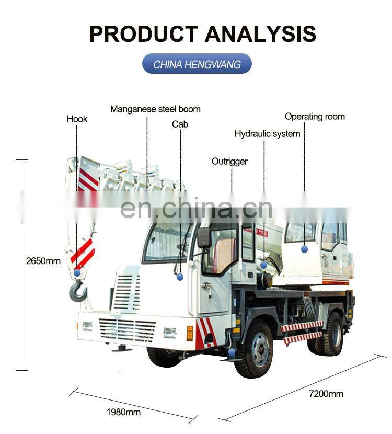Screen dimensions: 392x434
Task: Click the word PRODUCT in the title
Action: (144, 34)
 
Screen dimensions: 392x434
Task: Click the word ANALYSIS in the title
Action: (260, 34)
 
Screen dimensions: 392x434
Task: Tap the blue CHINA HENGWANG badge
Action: (197, 64)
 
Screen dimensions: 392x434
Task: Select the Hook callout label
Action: (77, 119)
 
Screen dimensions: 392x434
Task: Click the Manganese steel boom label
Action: (155, 109)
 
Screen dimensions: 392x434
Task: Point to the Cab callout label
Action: (180, 124)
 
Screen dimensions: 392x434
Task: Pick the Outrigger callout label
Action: (229, 162)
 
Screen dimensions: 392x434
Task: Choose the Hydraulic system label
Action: (267, 134)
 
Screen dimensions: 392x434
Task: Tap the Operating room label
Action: (315, 117)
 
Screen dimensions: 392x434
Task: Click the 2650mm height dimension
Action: (43, 260)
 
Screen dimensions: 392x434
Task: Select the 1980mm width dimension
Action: (123, 412)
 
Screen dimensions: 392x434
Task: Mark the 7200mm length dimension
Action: (326, 394)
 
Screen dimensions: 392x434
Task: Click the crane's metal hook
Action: (78, 291)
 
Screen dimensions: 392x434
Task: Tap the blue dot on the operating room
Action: (304, 249)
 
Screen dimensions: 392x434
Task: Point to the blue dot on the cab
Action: (180, 277)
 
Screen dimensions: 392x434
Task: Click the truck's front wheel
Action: (253, 349)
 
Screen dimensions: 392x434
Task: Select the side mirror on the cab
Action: (204, 238)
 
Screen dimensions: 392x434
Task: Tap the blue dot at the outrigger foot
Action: (232, 352)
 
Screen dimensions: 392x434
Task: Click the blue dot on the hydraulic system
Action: (263, 265)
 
